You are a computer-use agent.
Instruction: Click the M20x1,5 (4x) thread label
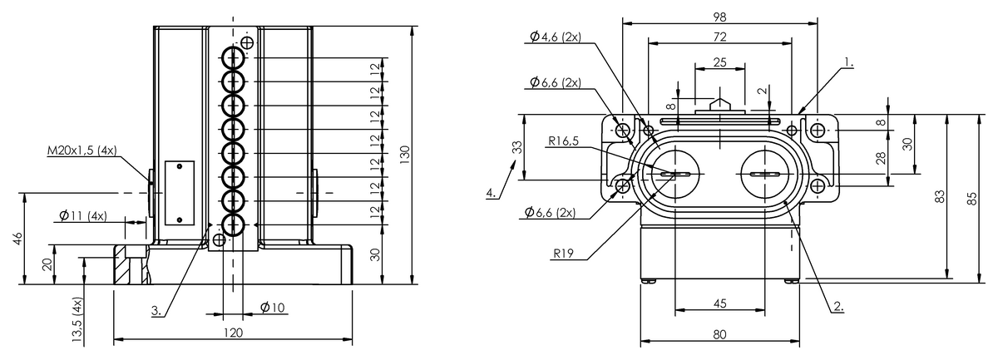click(x=82, y=150)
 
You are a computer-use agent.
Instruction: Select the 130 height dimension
click(x=404, y=155)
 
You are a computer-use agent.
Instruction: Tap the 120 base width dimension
click(x=233, y=333)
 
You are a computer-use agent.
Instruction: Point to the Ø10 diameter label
click(x=272, y=308)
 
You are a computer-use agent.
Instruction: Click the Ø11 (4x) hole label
click(x=83, y=216)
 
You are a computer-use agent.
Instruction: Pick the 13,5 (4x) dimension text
click(x=77, y=320)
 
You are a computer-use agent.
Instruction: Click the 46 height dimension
click(x=17, y=239)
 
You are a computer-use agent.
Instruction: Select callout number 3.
click(x=156, y=311)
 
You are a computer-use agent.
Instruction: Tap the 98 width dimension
click(x=719, y=17)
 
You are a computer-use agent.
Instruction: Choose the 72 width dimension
click(x=719, y=37)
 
